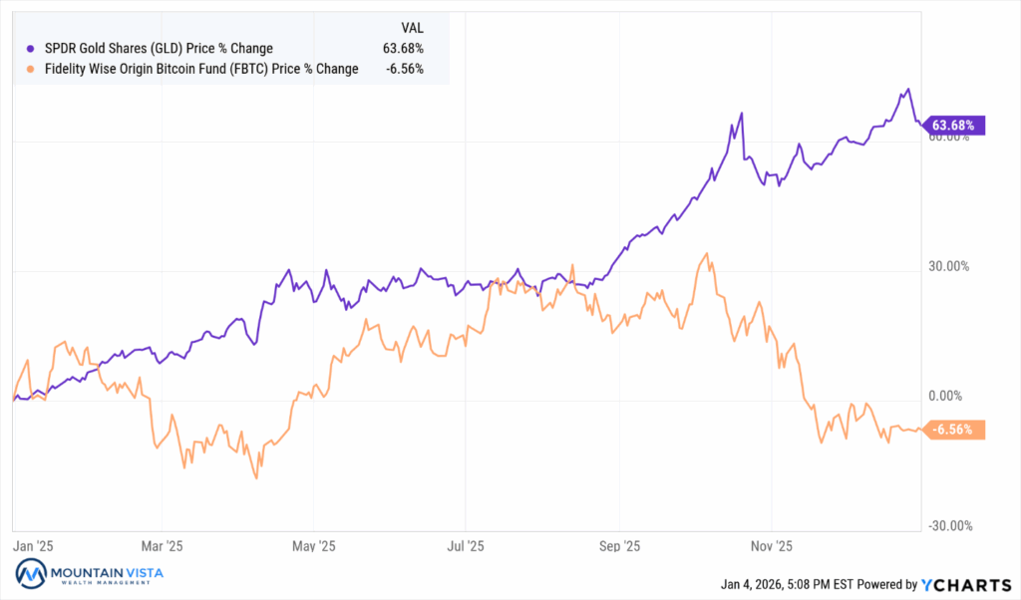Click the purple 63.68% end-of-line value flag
click(956, 125)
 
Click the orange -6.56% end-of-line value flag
click(956, 430)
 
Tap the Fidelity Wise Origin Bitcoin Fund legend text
click(198, 69)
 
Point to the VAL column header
click(411, 28)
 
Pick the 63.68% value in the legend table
click(403, 48)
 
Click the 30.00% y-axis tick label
click(948, 267)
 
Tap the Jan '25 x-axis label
click(33, 546)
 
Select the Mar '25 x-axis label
click(163, 546)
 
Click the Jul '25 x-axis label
click(466, 546)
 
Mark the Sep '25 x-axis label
click(619, 546)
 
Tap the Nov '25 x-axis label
click(772, 546)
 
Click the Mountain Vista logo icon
click(31, 575)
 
